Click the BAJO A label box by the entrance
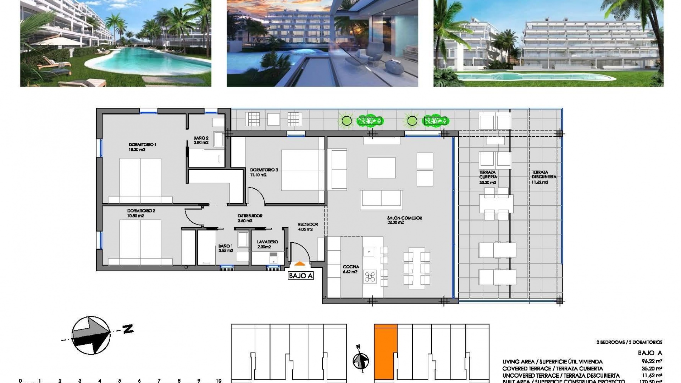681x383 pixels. pos(301,276)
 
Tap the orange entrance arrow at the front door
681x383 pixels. pos(300,263)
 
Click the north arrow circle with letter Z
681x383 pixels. pos(91,335)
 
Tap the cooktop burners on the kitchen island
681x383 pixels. pos(370,277)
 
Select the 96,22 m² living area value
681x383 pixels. pos(652,361)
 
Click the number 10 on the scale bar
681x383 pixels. pos(218,381)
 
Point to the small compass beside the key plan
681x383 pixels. pos(360,361)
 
